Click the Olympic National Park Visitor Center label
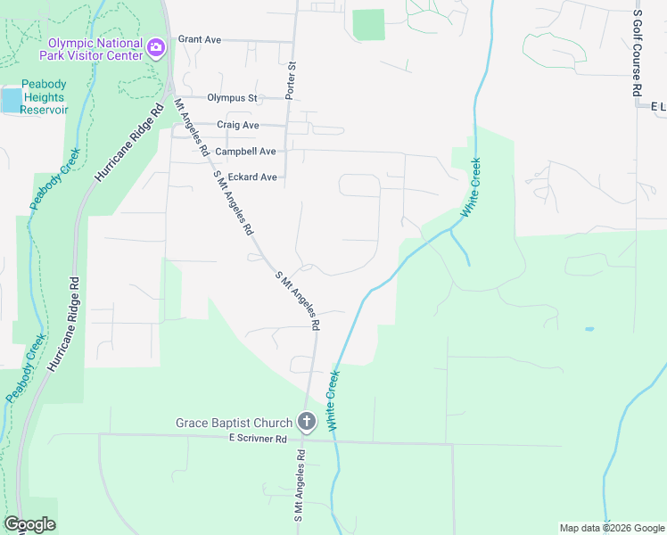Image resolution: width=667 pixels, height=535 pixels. coord(95,48)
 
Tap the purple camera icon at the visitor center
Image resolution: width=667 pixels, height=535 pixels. coord(157,47)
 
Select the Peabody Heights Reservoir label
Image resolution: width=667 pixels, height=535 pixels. coord(45,96)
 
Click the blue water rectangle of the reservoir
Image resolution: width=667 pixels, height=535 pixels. coord(11,99)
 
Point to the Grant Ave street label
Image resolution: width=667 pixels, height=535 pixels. coord(199,39)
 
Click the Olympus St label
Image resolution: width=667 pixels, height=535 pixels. coord(231,98)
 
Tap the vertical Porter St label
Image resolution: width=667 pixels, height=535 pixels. coord(290,80)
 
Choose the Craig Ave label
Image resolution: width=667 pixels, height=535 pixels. coord(237,125)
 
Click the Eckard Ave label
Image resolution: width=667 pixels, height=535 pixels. coord(252,177)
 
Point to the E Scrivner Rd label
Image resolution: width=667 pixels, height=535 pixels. coord(257,440)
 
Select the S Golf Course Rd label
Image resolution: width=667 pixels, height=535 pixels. coord(637,53)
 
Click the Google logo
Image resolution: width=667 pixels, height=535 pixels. coord(29,524)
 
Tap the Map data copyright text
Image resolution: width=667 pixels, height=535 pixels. coord(612,528)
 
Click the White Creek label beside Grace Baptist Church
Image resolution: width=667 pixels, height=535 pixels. coord(334,401)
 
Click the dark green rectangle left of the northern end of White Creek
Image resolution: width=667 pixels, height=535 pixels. coord(368,25)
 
